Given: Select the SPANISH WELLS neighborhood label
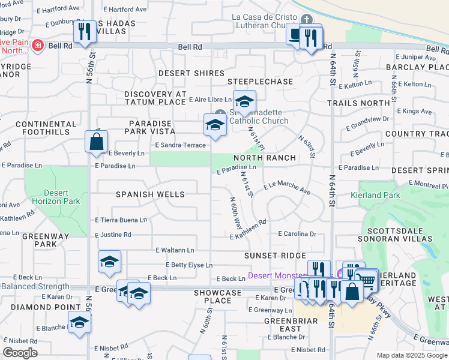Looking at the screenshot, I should [x=150, y=195].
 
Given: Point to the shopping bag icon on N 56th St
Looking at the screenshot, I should [x=97, y=142].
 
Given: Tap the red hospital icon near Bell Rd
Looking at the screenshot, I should [x=37, y=46].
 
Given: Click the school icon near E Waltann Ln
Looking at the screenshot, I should [x=109, y=262].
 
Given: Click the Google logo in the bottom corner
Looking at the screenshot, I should [x=20, y=353].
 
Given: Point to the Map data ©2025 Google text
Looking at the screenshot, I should [x=411, y=355].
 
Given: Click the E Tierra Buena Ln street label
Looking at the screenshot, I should [x=121, y=220].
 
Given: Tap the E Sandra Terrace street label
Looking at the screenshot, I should [x=180, y=145].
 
